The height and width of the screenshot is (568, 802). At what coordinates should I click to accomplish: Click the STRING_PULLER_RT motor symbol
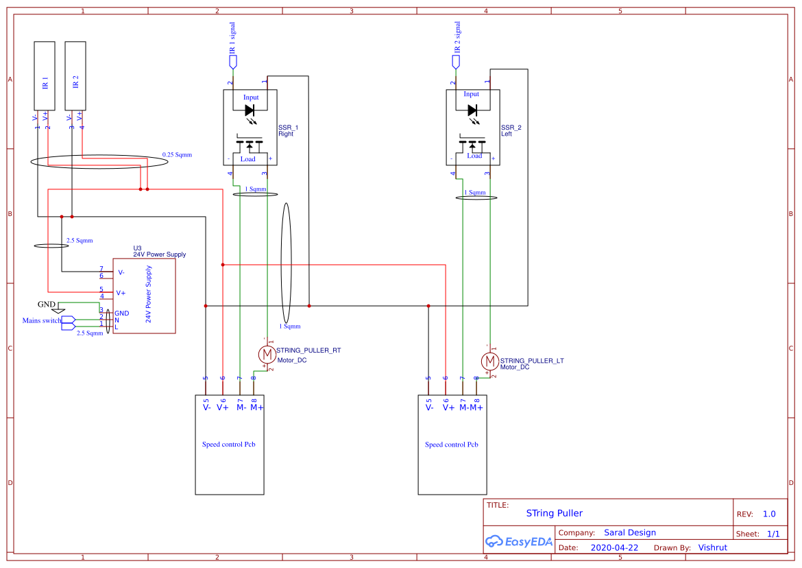pyautogui.click(x=266, y=354)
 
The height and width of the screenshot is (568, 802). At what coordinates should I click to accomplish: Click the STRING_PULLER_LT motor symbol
pyautogui.click(x=489, y=360)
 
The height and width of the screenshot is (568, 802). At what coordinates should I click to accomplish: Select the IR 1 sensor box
pyautogui.click(x=45, y=75)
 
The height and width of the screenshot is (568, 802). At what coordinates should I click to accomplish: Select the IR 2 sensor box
pyautogui.click(x=75, y=75)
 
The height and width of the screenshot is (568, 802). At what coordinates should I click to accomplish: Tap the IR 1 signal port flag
pyautogui.click(x=233, y=62)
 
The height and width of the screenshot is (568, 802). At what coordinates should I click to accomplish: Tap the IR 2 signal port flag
pyautogui.click(x=456, y=62)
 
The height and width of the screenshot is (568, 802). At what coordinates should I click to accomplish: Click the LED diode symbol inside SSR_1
pyautogui.click(x=250, y=110)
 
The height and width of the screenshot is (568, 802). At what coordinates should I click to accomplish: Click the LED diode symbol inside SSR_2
pyautogui.click(x=472, y=110)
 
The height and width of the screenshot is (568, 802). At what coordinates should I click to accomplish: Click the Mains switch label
pyautogui.click(x=41, y=320)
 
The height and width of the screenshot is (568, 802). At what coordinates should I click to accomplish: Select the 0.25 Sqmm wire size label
pyautogui.click(x=177, y=155)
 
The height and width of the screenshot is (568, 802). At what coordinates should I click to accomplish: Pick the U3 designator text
pyautogui.click(x=137, y=248)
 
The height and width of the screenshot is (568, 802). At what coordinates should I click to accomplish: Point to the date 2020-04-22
pyautogui.click(x=614, y=547)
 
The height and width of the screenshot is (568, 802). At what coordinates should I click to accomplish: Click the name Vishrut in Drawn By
pyautogui.click(x=712, y=547)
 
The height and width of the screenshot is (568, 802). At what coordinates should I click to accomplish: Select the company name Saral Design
pyautogui.click(x=629, y=532)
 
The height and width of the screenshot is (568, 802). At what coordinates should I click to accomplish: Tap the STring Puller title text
pyautogui.click(x=554, y=513)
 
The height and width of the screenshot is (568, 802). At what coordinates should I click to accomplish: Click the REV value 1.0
pyautogui.click(x=769, y=514)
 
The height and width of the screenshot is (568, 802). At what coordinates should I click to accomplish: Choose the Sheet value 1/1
pyautogui.click(x=773, y=534)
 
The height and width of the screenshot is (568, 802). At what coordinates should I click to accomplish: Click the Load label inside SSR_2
pyautogui.click(x=474, y=156)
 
